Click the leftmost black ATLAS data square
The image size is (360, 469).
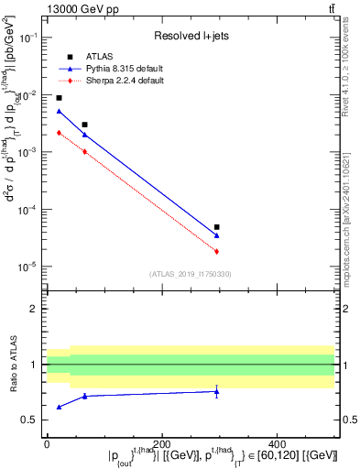click(59, 98)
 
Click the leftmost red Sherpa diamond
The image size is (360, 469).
click(59, 133)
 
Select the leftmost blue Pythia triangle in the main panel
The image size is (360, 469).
click(59, 111)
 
